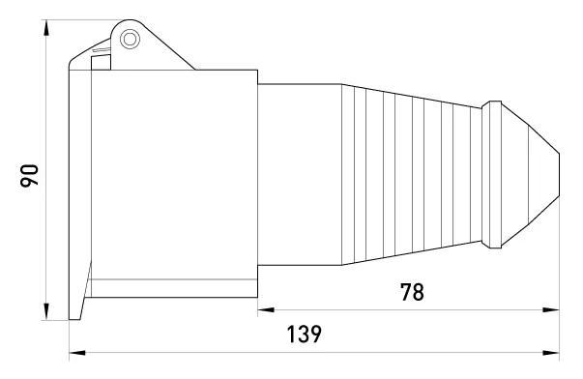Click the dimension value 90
click(x=29, y=175)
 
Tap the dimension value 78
click(x=412, y=292)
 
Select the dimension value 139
click(x=304, y=334)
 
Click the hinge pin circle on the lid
click(x=130, y=39)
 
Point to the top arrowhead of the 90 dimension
click(x=46, y=28)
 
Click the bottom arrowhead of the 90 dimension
click(x=46, y=311)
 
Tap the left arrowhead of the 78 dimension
click(x=266, y=309)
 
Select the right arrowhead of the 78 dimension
click(x=551, y=309)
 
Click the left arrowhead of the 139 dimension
click(x=77, y=353)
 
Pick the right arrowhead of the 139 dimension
click(x=551, y=353)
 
